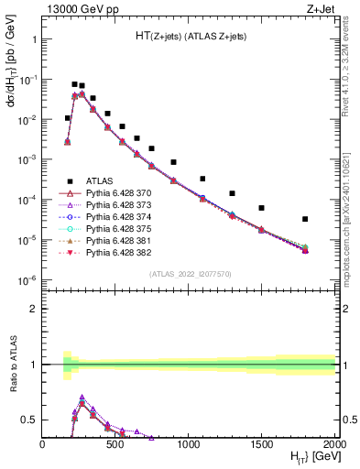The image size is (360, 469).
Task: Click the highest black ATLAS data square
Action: [x=74, y=84]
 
